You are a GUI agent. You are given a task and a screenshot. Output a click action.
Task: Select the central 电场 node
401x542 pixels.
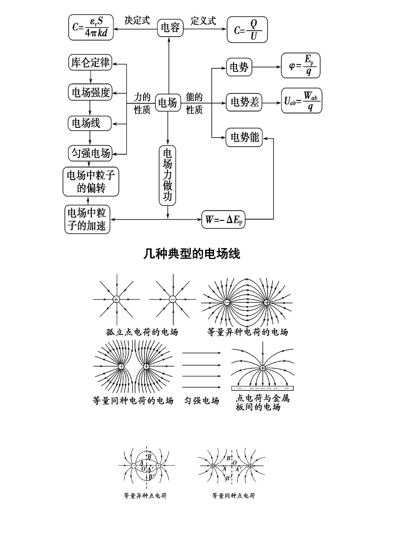tap(168, 103)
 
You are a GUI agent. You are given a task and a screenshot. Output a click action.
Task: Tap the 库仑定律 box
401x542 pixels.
tap(90, 62)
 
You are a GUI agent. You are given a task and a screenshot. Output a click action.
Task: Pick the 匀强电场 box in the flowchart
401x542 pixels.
tap(90, 153)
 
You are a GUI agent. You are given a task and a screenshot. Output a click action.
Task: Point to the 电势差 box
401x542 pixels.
tap(244, 102)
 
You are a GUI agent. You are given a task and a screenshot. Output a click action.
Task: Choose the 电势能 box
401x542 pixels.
tap(244, 137)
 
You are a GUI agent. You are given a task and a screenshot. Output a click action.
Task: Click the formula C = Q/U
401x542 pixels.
tap(247, 30)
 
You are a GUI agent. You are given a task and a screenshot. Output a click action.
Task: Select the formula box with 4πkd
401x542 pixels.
tap(91, 28)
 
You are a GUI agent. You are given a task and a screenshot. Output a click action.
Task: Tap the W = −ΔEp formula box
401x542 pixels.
tap(223, 219)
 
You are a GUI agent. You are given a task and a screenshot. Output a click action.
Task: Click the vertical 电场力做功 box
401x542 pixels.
tap(168, 175)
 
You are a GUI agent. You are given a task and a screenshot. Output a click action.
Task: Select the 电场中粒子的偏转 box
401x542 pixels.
tap(91, 182)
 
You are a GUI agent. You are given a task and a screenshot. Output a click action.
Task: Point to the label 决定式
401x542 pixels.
tap(137, 20)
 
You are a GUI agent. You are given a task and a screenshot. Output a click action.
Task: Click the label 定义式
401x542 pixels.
tap(203, 21)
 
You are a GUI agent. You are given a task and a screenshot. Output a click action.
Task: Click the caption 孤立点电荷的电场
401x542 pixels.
tap(142, 332)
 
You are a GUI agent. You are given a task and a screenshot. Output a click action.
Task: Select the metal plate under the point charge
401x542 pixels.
tap(263, 388)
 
